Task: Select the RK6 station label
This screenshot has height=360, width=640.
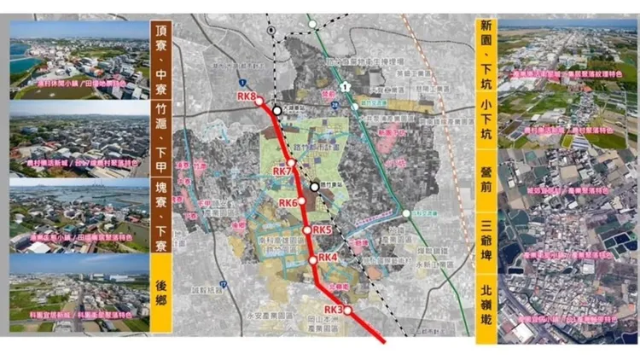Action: click(288, 203)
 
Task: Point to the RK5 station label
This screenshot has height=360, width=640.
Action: click(323, 229)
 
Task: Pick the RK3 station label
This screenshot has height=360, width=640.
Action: click(334, 309)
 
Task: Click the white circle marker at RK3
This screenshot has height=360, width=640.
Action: click(347, 311)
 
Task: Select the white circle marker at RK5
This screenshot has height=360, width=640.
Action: click(307, 229)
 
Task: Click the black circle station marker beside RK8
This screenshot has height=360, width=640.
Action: click(277, 110)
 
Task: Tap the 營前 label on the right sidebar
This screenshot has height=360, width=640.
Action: click(486, 182)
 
